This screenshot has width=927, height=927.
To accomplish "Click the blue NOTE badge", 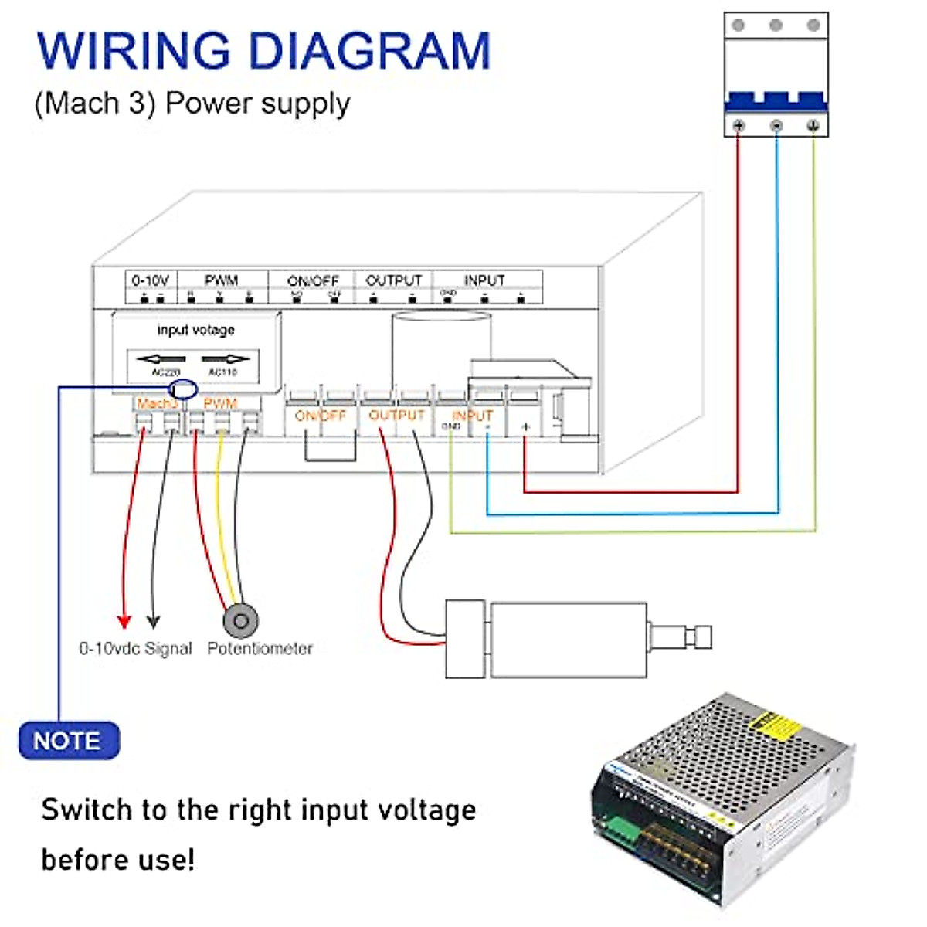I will (69, 741).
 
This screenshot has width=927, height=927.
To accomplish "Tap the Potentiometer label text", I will (260, 649).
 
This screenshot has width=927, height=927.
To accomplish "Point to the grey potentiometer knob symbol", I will (240, 620).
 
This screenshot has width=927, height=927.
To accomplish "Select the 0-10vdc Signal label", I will (135, 649).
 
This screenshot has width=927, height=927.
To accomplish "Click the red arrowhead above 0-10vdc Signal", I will (124, 621).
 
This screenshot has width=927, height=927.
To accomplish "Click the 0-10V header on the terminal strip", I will (150, 280).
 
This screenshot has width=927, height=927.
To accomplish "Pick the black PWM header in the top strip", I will (221, 280).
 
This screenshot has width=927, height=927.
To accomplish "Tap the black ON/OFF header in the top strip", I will (313, 280).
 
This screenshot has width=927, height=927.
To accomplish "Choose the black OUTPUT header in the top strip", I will (393, 280).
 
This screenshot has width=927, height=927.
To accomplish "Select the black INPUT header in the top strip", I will (484, 280).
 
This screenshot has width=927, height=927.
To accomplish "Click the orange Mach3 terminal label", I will (156, 403).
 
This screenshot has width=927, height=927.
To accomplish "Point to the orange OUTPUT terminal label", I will (396, 416).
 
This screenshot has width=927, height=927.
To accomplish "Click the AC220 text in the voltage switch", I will (165, 372).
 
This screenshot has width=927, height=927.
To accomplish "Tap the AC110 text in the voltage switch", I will (223, 372).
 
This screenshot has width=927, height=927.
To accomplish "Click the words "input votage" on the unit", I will (195, 330).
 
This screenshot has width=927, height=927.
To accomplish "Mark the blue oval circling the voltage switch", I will (183, 389).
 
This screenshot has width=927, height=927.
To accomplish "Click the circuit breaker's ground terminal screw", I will (813, 125).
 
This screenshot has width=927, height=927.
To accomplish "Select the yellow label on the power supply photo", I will (774, 726).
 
